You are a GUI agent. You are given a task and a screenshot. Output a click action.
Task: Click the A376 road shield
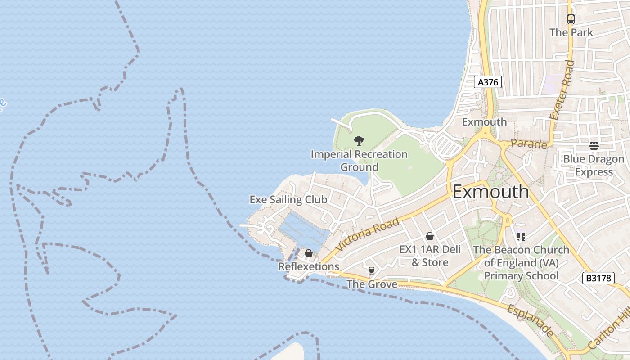488,82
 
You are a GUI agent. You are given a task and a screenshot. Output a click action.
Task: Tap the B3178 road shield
598,278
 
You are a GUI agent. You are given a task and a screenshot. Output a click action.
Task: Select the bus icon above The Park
571,19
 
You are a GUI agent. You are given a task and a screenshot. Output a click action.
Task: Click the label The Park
571,32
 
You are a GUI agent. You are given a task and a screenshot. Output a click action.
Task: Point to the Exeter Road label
562,90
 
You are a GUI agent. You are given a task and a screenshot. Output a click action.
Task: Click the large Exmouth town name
490,192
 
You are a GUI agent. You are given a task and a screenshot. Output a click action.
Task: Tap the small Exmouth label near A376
484,122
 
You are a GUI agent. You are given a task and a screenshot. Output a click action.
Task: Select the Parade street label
529,144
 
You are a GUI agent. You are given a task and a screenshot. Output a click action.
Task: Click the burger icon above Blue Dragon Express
594,146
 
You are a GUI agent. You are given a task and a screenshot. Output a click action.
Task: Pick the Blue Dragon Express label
594,166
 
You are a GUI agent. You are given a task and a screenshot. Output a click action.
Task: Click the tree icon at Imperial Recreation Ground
359,141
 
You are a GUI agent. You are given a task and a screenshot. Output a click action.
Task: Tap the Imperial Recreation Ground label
359,161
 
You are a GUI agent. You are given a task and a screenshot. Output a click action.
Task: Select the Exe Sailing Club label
288,199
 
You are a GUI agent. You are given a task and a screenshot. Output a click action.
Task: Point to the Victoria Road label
367,234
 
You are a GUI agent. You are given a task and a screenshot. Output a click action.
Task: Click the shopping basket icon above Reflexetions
309,253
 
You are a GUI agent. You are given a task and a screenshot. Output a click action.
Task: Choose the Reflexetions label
309,266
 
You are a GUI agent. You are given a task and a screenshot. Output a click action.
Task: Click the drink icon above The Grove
371,270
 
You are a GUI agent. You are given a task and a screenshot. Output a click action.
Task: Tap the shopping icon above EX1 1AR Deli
430,236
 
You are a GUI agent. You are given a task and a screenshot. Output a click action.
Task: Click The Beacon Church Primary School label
521,263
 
